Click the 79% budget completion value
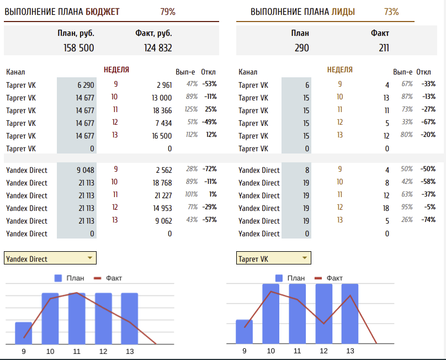tap(168, 12)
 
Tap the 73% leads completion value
tap(391, 12)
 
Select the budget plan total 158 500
tap(79, 48)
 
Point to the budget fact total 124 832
tap(158, 48)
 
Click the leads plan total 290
tap(301, 48)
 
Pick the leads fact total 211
tap(384, 48)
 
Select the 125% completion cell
tap(191, 109)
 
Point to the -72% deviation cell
tap(209, 169)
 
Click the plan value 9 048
tap(85, 170)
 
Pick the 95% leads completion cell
tap(407, 207)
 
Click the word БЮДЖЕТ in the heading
tap(103, 12)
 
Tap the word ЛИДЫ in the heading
tap(343, 12)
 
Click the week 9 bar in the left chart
tap(24, 332)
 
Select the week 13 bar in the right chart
tap(350, 314)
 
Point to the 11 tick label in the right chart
tap(297, 351)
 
